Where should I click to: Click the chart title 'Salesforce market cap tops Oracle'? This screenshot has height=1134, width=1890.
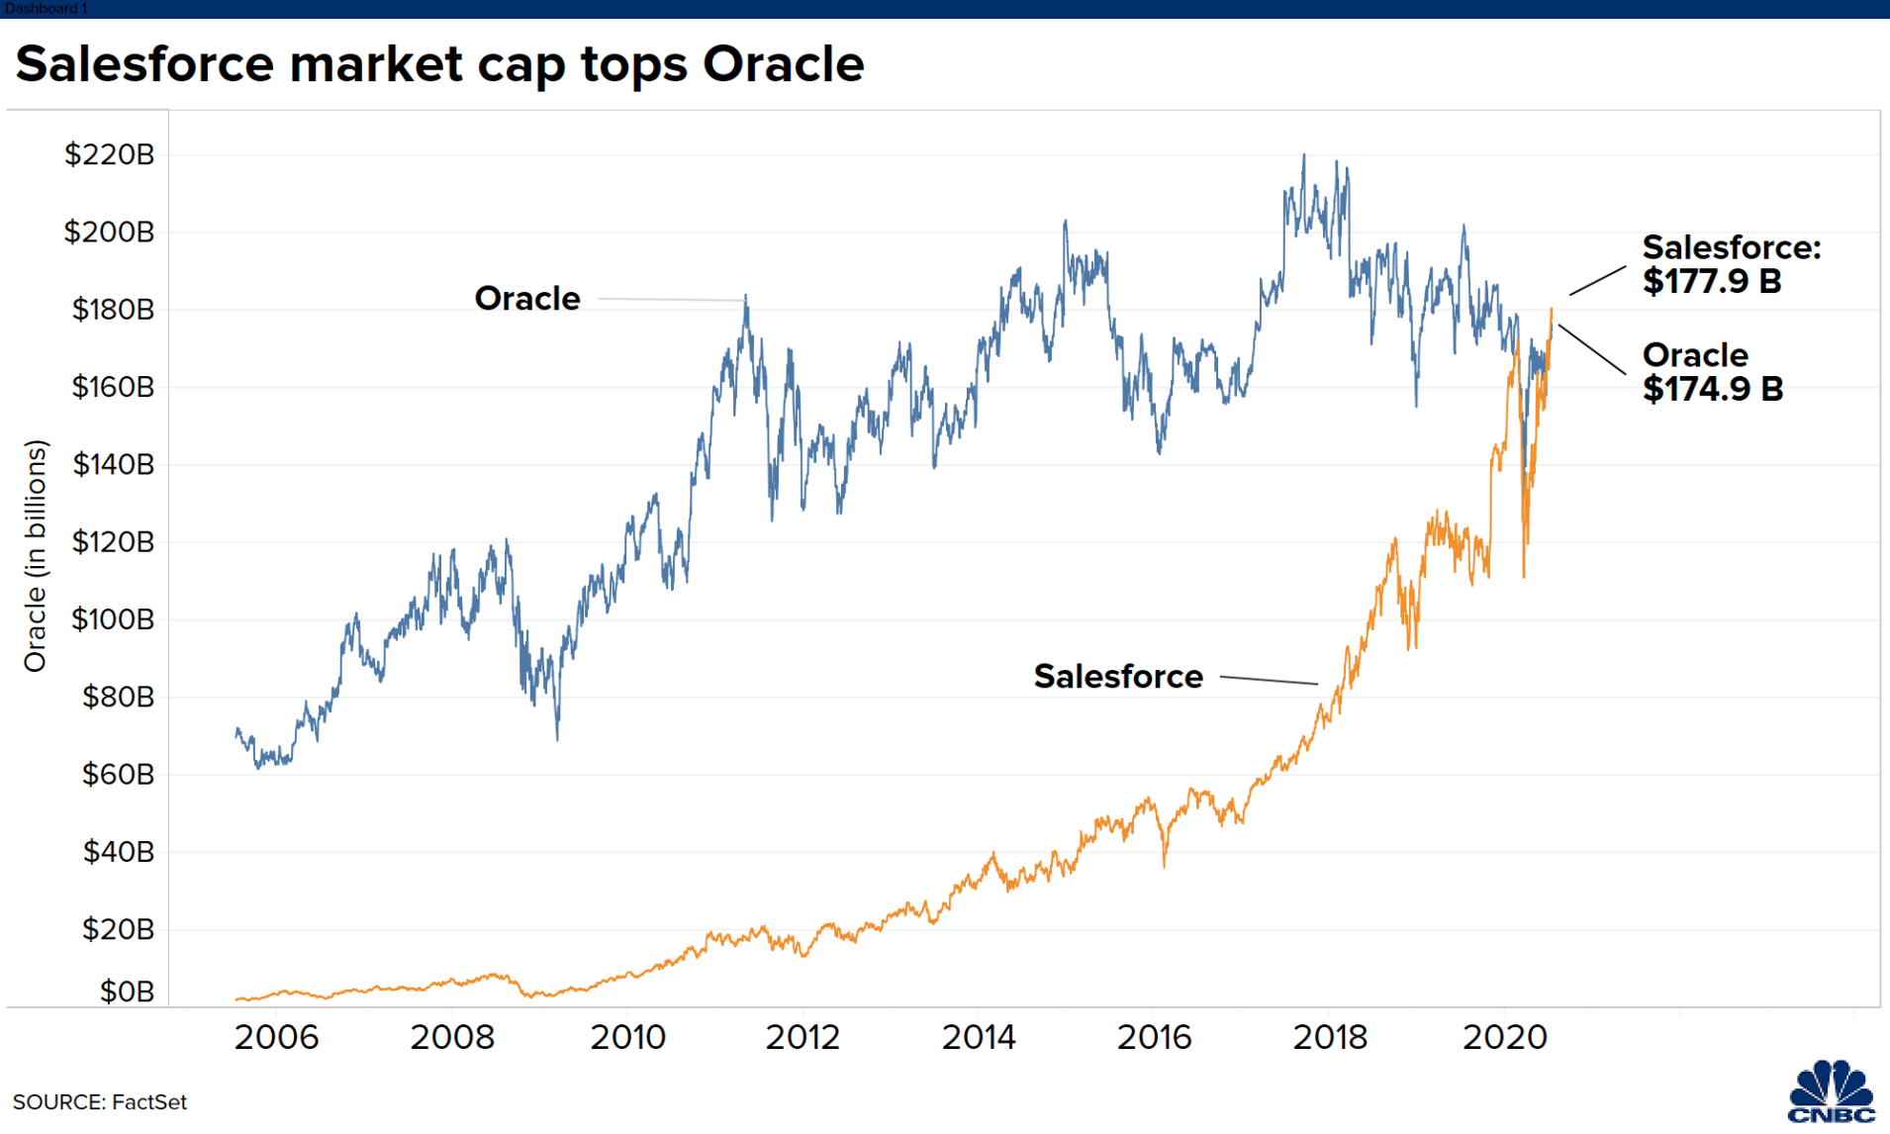click(440, 64)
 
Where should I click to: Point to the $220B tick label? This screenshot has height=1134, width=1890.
click(109, 154)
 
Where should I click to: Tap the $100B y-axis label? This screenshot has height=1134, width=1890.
click(113, 619)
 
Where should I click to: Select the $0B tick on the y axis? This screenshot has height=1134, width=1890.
click(127, 992)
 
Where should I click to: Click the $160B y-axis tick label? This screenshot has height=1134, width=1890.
click(113, 387)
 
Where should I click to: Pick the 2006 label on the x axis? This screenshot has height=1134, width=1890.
click(276, 1037)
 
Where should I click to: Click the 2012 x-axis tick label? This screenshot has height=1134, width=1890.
click(803, 1037)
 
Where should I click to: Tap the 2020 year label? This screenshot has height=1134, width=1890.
click(1505, 1037)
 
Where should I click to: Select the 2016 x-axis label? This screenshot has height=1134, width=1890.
click(1154, 1037)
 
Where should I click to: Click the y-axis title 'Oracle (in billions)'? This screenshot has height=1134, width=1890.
click(36, 556)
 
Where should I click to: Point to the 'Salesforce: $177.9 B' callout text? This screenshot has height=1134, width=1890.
click(1732, 264)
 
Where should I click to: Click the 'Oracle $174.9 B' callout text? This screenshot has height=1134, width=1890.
click(1713, 372)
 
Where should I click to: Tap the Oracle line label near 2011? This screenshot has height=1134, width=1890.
click(527, 298)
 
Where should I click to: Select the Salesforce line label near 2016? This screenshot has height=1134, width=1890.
click(1118, 677)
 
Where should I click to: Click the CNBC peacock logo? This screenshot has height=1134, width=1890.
click(1832, 1091)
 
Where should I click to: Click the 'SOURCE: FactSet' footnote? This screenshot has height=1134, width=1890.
click(100, 1102)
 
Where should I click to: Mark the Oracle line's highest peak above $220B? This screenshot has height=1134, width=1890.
click(1303, 154)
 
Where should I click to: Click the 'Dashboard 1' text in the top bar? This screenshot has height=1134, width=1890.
click(46, 8)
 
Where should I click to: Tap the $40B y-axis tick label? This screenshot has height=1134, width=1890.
click(118, 852)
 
